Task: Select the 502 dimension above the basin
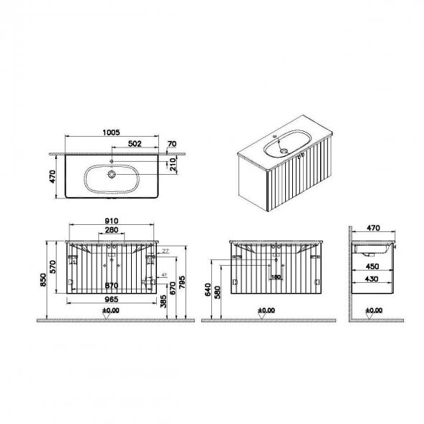pos(134,143)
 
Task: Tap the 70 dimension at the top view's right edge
pos(170,144)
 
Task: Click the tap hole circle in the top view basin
pos(112,174)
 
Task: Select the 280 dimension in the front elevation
pos(110,231)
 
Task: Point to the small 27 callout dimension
pos(165,251)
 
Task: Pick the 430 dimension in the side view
pos(372,280)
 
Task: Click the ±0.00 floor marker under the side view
pos(374,311)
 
